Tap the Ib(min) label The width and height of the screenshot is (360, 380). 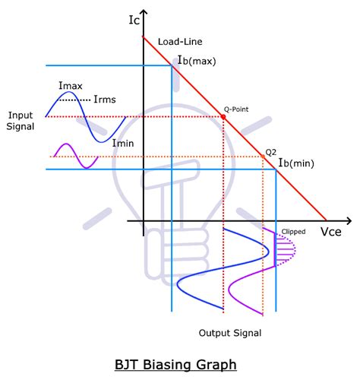295,162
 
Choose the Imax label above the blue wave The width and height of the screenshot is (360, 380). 70,87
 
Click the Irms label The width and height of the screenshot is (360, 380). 106,99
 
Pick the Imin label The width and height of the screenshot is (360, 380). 123,142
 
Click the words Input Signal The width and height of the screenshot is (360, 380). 21,120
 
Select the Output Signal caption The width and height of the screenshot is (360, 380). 231,333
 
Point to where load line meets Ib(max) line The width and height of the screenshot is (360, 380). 172,65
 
